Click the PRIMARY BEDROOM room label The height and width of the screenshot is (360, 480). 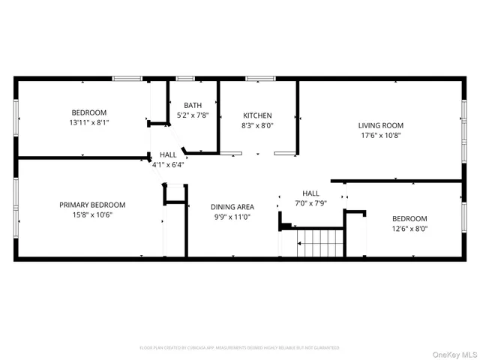click(x=92, y=204)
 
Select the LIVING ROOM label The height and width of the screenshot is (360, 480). click(x=381, y=125)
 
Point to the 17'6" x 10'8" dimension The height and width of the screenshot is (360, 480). click(x=381, y=136)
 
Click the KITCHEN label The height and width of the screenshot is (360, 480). click(x=257, y=115)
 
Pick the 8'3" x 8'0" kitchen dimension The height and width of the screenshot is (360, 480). click(x=257, y=126)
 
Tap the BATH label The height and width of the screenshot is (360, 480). click(x=193, y=105)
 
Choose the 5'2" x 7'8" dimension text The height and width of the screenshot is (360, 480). click(x=193, y=115)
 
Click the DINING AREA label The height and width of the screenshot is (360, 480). click(x=232, y=206)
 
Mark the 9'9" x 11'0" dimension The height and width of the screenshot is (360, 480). click(x=232, y=217)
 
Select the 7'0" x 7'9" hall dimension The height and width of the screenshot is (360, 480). click(x=310, y=203)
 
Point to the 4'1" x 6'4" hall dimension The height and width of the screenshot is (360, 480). click(x=168, y=164)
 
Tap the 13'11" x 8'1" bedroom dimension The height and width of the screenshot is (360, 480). click(x=89, y=122)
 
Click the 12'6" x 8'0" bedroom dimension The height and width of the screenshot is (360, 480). click(x=409, y=229)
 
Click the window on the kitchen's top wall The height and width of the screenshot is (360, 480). click(x=259, y=78)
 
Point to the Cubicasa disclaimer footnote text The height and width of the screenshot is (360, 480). click(x=239, y=348)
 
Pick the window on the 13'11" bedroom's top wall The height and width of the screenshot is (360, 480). click(x=127, y=78)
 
